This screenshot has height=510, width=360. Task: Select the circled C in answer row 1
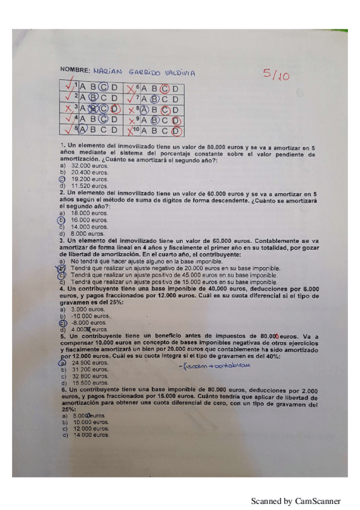coord(102,88)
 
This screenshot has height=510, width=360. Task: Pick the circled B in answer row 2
coord(93,99)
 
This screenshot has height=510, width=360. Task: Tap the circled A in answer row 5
coord(83,129)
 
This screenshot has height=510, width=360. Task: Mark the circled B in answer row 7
coord(154,99)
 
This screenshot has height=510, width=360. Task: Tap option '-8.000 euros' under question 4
coord(88,323)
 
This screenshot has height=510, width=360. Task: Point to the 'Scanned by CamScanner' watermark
coord(295,500)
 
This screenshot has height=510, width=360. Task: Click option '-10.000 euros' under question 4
coord(90,316)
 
